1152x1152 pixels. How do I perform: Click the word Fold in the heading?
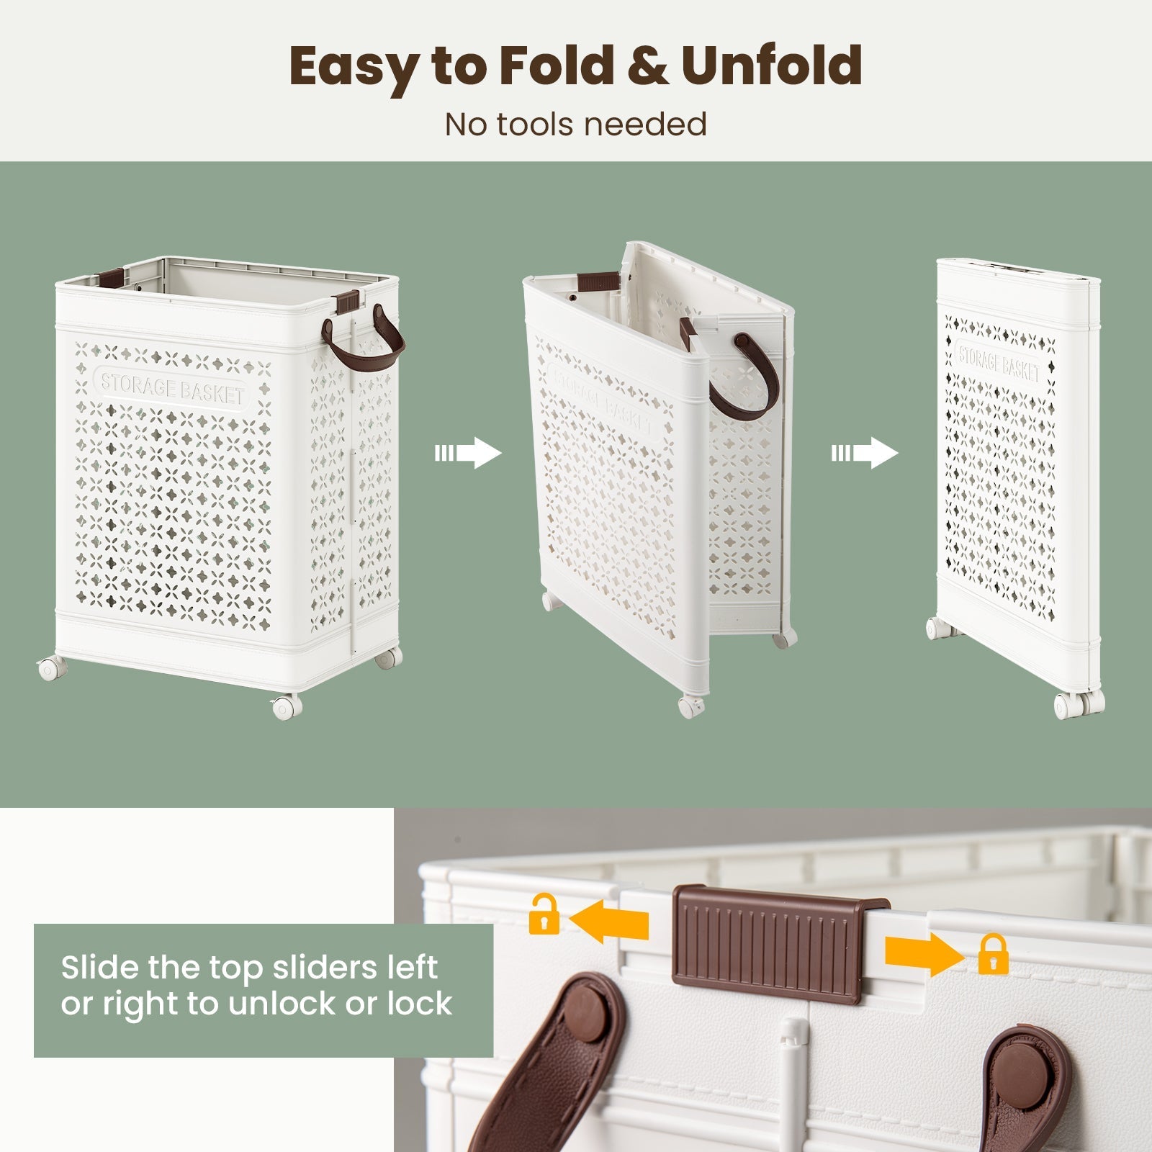coord(557,66)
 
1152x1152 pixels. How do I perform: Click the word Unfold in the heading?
coord(771,66)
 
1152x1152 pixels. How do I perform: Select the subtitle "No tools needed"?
coord(576,124)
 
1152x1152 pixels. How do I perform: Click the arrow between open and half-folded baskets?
coord(468,454)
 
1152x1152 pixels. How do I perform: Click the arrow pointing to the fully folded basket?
coord(865,454)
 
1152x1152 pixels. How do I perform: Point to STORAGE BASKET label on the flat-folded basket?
coord(999,361)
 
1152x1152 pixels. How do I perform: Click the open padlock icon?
coord(544,914)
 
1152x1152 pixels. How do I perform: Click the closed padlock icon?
coord(993,954)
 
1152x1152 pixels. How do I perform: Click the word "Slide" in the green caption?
coord(101,967)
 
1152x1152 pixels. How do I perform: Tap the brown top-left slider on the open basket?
coord(112,276)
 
